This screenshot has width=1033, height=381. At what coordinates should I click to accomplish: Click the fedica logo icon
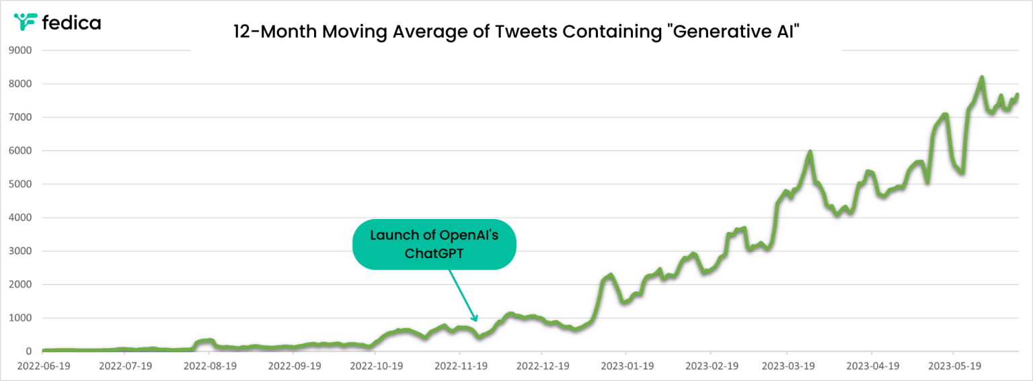(25, 22)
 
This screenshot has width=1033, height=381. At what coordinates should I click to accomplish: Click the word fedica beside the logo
(71, 23)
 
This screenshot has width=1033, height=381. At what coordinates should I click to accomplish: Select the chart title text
(516, 32)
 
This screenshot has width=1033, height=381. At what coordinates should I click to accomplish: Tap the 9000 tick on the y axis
(20, 50)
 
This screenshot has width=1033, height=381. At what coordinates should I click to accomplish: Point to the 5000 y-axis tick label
(20, 184)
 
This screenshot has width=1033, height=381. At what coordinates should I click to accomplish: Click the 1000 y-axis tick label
(20, 318)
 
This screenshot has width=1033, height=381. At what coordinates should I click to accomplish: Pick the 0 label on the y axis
(29, 351)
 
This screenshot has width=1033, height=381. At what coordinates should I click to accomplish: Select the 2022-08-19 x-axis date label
(210, 366)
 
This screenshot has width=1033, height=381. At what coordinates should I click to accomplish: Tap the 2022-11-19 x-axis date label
(461, 366)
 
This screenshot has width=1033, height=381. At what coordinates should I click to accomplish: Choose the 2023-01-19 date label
(627, 366)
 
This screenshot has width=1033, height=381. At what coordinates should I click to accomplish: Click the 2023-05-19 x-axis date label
(954, 366)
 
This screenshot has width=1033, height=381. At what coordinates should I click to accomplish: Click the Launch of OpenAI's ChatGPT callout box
(434, 245)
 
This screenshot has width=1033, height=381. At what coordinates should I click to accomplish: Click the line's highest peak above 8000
(981, 77)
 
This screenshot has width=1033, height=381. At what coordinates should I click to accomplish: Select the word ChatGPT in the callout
(434, 253)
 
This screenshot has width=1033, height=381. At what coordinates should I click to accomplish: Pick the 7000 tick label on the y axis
(20, 117)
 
